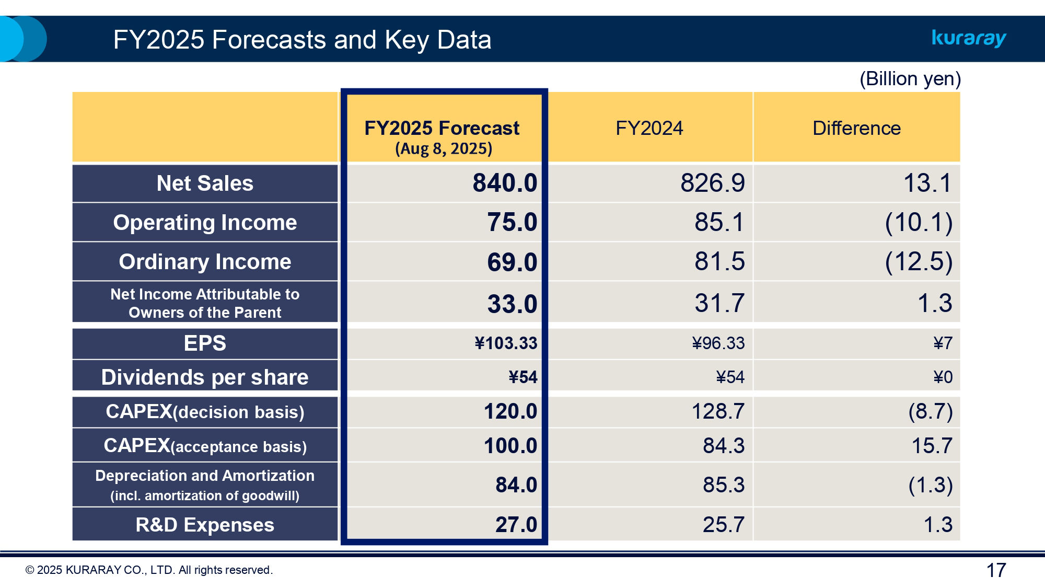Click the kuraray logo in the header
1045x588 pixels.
click(969, 38)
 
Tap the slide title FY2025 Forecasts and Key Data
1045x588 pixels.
click(302, 40)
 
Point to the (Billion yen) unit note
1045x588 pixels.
click(910, 79)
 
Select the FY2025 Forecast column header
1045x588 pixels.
click(442, 129)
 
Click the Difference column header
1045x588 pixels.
click(856, 128)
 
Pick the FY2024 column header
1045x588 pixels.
click(649, 128)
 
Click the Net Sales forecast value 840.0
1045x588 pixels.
click(504, 183)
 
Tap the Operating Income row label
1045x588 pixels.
click(205, 223)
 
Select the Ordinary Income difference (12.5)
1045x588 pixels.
click(918, 261)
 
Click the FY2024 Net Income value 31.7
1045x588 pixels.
click(719, 303)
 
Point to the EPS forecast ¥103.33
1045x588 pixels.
click(505, 343)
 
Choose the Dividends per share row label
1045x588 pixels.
click(205, 377)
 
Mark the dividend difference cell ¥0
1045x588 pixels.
click(943, 377)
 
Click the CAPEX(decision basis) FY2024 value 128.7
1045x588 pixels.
click(717, 411)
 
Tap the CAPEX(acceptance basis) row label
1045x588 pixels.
click(205, 446)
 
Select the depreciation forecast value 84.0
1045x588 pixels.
click(516, 485)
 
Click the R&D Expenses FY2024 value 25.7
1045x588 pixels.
click(723, 525)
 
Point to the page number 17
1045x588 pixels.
click(996, 570)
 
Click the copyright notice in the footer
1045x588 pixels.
click(149, 570)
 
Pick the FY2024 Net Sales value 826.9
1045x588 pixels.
click(712, 183)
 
